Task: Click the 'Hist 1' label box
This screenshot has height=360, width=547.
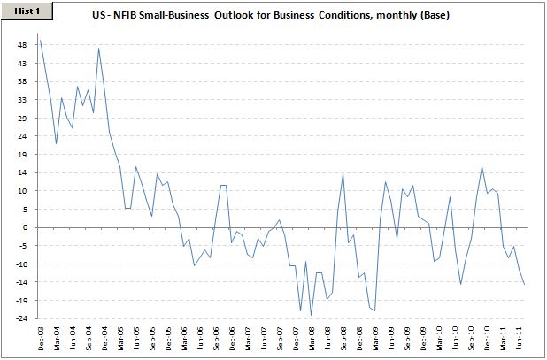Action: [x=19, y=10]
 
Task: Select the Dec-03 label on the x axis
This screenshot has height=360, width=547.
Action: [x=41, y=338]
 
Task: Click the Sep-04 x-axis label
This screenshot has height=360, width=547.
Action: [x=89, y=338]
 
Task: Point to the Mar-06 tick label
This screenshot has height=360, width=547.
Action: [x=184, y=338]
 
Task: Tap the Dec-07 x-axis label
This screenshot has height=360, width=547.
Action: [x=296, y=338]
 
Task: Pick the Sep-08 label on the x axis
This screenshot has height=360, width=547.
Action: [x=343, y=338]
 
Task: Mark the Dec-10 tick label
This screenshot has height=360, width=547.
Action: [x=487, y=338]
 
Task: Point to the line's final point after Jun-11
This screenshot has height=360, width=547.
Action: [x=524, y=284]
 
